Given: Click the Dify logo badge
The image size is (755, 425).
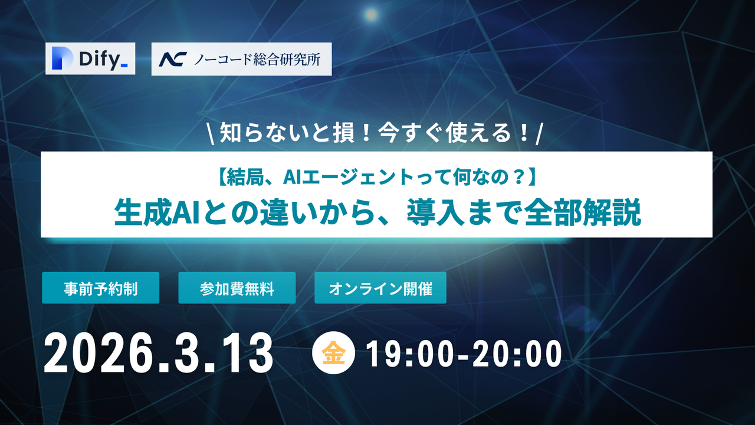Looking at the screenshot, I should (90, 58).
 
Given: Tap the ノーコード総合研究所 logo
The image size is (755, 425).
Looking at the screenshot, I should (241, 59).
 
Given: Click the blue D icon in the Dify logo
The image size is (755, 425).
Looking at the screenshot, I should (61, 58).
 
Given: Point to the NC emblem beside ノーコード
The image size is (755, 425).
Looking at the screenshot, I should (172, 59).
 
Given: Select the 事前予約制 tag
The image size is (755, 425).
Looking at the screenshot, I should (100, 288).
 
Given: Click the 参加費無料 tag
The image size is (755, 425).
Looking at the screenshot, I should (237, 288).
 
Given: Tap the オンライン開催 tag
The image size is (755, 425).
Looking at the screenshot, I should (380, 288).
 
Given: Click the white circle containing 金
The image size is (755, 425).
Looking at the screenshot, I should (333, 354).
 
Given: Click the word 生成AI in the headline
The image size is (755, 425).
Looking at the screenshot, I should (150, 213).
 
